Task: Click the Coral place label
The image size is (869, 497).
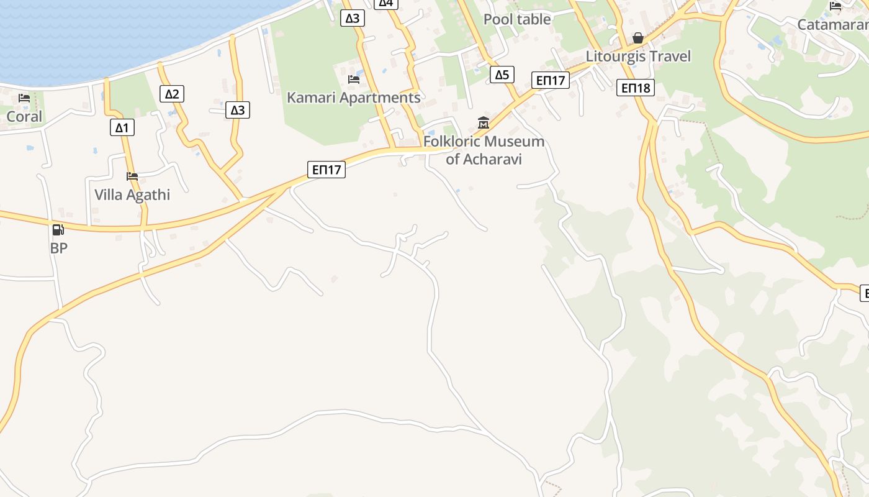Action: coord(24,117)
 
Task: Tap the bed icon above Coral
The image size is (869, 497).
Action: coord(24,98)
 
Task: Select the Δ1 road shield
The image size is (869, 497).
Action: coord(122,128)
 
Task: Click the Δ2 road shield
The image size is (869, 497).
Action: coord(172,94)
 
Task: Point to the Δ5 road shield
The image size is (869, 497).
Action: coord(502,75)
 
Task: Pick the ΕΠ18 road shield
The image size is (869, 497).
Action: coord(636,88)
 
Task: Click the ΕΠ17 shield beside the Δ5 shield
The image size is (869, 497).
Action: coord(551,80)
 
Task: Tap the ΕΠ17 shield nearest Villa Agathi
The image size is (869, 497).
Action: coord(326,169)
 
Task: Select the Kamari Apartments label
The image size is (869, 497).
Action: coord(353,98)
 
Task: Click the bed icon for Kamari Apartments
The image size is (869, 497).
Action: coord(354,80)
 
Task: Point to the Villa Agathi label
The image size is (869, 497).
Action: coord(132,194)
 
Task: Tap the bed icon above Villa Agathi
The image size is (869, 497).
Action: coord(132,176)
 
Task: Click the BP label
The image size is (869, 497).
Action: coord(58,248)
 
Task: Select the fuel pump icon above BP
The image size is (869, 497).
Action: coord(58,230)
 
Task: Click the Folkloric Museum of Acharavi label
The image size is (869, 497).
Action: coord(484,150)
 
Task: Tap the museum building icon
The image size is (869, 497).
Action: coord(484,122)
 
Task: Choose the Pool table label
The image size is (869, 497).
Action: coord(517,19)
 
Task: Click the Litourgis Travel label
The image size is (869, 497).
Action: coord(638,57)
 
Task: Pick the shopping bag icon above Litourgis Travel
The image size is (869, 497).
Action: coord(637,39)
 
